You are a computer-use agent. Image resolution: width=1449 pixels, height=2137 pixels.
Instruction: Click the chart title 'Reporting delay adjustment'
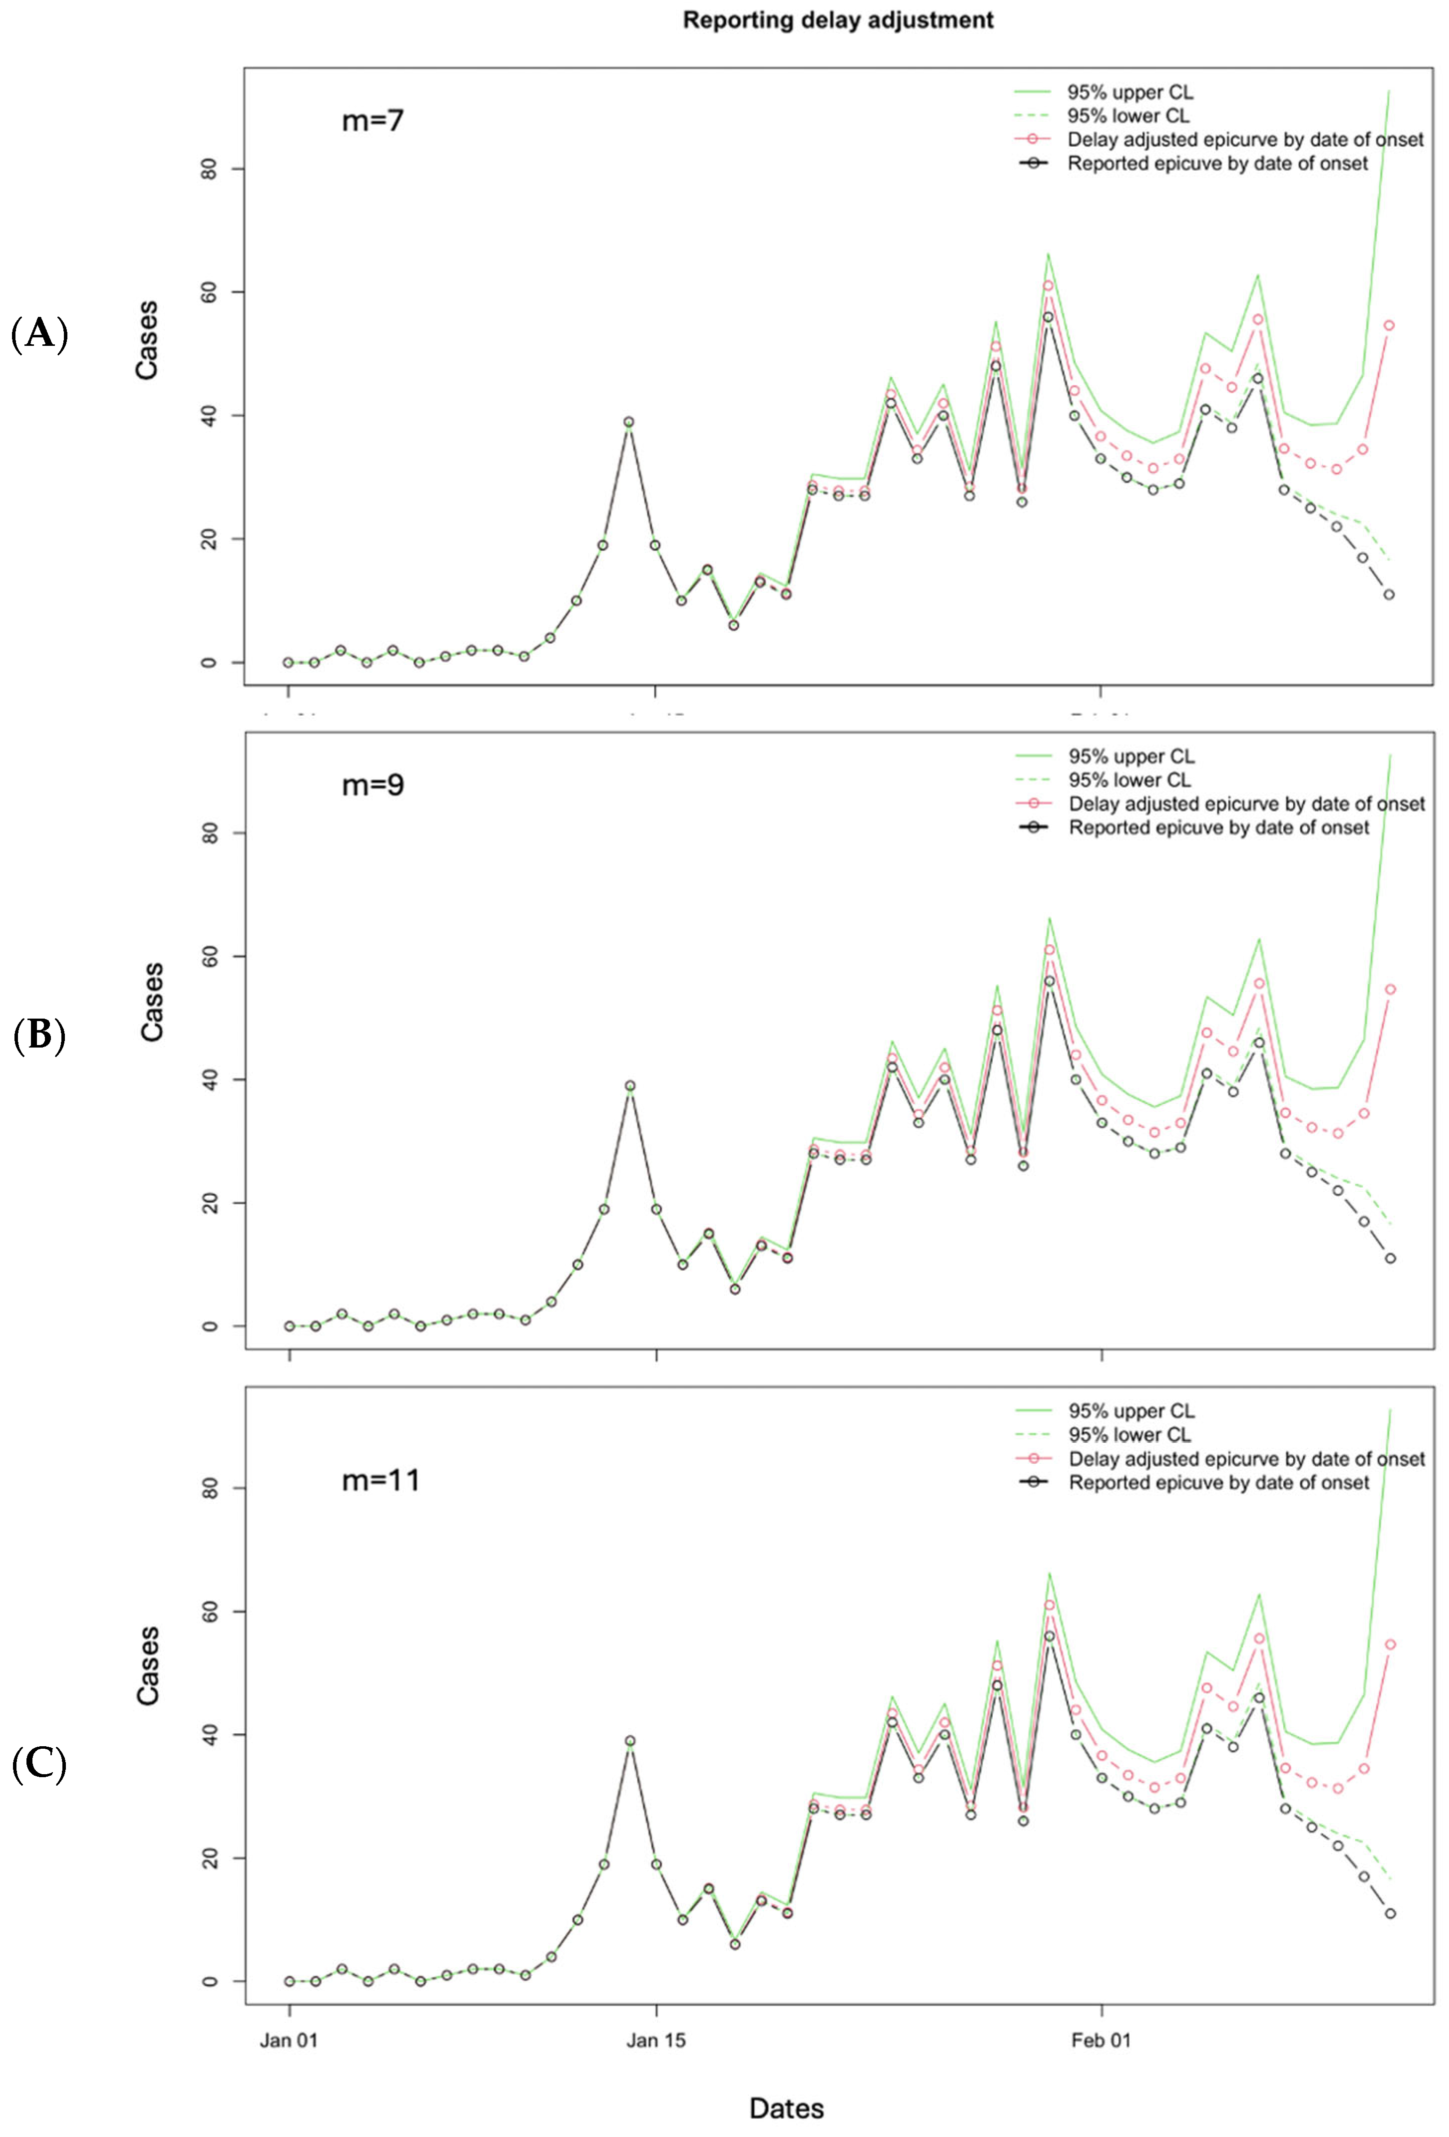pyautogui.click(x=838, y=20)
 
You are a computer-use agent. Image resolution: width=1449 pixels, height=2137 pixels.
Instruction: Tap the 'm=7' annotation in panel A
pyautogui.click(x=372, y=120)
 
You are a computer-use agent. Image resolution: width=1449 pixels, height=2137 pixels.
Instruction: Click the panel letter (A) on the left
pyautogui.click(x=39, y=333)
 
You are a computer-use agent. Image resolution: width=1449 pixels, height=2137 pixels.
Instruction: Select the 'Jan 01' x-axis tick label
pyautogui.click(x=289, y=2041)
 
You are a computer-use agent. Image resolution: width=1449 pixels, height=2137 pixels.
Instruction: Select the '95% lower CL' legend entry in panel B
pyautogui.click(x=1129, y=780)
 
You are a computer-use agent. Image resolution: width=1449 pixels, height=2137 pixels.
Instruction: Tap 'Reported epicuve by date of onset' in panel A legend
pyautogui.click(x=1217, y=164)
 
